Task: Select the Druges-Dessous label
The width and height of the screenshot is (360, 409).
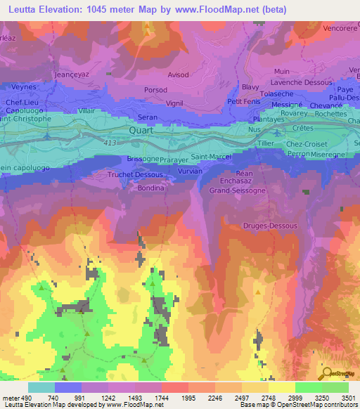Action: point(270,226)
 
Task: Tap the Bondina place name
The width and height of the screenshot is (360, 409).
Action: point(150,188)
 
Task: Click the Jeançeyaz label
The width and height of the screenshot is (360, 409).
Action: point(72,73)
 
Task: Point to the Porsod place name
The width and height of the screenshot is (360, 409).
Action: point(155,90)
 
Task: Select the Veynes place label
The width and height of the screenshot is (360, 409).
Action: point(25,88)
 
